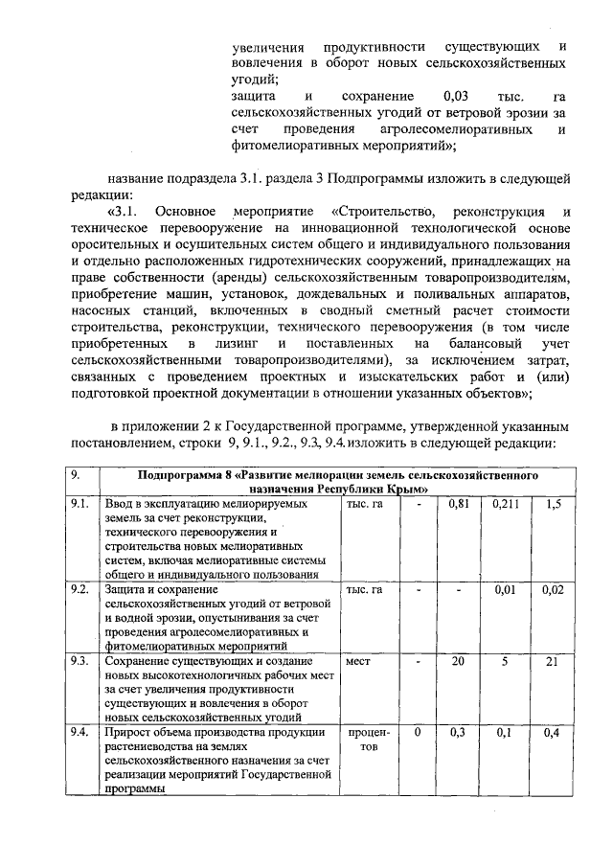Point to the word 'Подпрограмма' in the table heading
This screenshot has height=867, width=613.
[x=178, y=475]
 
